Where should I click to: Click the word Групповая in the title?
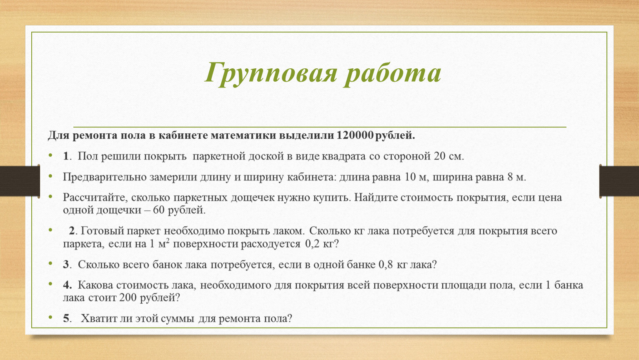[271, 73]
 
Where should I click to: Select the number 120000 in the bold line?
[355, 135]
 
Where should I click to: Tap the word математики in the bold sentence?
[243, 135]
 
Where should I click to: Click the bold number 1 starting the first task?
[66, 156]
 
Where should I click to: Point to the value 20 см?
[449, 156]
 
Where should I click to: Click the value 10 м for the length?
[415, 177]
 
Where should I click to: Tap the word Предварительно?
[104, 177]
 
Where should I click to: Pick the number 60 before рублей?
[159, 210]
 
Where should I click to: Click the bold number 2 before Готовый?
[72, 231]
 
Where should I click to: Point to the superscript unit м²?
[164, 243]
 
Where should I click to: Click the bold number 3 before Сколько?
[66, 265]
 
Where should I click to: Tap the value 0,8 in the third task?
[386, 265]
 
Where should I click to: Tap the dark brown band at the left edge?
[20, 181]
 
